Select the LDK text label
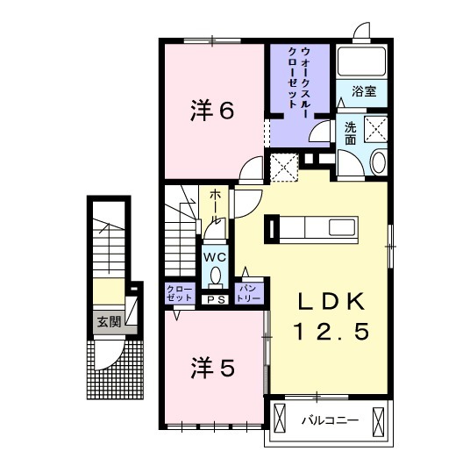(x=329, y=301)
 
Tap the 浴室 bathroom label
(x=364, y=90)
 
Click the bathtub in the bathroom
(x=361, y=61)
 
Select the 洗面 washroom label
(x=350, y=132)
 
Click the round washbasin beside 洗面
(x=378, y=163)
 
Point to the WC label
(x=215, y=257)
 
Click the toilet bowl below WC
(x=215, y=278)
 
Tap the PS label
(x=215, y=299)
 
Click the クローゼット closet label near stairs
(x=179, y=292)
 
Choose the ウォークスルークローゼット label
(x=299, y=78)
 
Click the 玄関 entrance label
(x=109, y=319)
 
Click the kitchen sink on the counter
(x=340, y=228)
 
